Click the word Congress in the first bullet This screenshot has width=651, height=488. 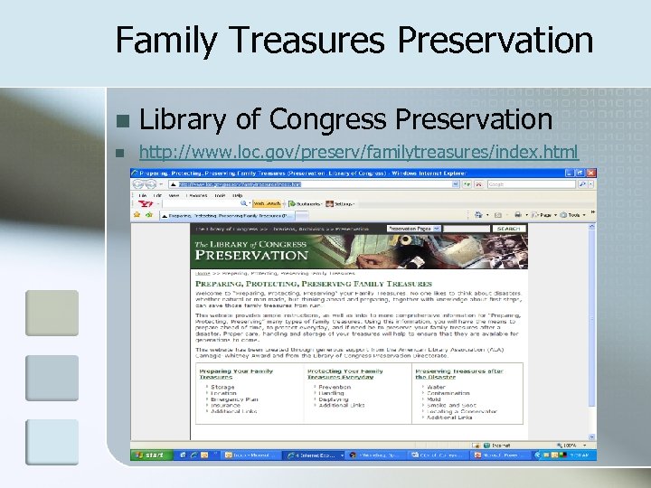328,118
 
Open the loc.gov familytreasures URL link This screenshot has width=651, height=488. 358,151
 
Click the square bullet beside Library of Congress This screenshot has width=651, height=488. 123,120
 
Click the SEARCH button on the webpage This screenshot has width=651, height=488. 509,229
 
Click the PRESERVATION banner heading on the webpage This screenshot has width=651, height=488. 252,255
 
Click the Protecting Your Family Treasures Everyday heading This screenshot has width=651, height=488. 345,374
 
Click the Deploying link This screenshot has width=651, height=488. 334,399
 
